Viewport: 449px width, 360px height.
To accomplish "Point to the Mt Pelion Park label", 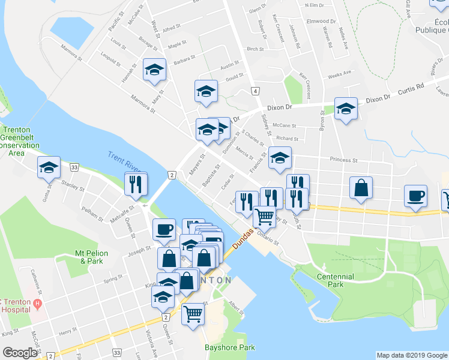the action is pos(91,257).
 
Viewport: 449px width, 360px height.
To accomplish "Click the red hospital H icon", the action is pos(37,305).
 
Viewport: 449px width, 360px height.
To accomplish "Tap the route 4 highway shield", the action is pos(255,91).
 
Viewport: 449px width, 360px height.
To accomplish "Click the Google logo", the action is pos(20,353).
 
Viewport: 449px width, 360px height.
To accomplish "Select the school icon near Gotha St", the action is pos(49,167).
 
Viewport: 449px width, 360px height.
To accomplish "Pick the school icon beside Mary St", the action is pos(154,69).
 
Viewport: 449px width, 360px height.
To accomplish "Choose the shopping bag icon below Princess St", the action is pos(361,187).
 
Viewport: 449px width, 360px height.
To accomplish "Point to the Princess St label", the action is pos(343,160).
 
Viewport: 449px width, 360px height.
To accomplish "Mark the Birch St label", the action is pos(255,49).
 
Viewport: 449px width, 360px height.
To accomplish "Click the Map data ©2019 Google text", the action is pos(411,355).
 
